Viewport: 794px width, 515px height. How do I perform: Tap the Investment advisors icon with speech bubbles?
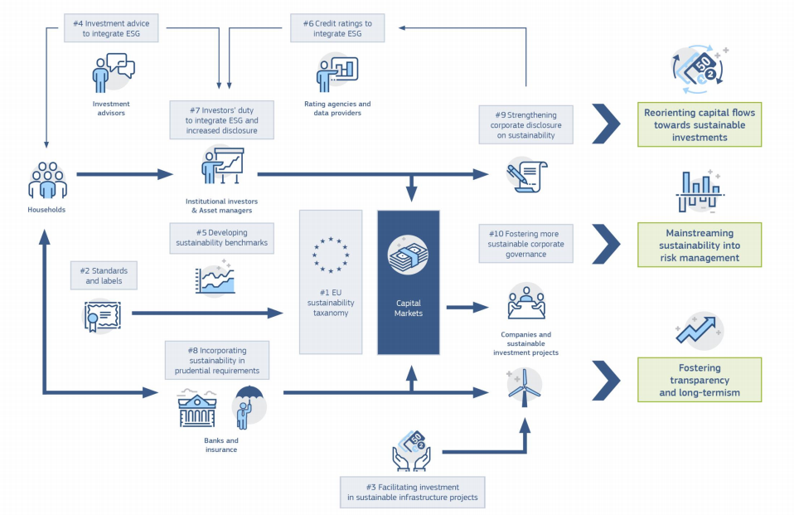pyautogui.click(x=113, y=72)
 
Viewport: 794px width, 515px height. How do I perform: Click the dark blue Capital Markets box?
pyautogui.click(x=408, y=282)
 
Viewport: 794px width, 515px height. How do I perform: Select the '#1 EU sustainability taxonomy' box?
pyautogui.click(x=331, y=282)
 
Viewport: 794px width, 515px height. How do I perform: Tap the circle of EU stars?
pyautogui.click(x=331, y=255)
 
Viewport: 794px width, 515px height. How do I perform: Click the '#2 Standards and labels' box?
pyautogui.click(x=104, y=276)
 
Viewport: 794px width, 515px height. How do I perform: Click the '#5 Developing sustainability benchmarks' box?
pyautogui.click(x=220, y=238)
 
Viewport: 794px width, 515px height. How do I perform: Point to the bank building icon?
pyautogui.click(x=196, y=409)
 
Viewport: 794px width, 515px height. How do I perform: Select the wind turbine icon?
pyautogui.click(x=523, y=386)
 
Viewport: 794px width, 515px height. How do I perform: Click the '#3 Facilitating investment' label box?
pyautogui.click(x=413, y=492)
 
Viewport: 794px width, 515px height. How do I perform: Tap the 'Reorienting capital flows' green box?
pyautogui.click(x=699, y=125)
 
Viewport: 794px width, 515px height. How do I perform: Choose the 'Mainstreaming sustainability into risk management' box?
pyautogui.click(x=699, y=245)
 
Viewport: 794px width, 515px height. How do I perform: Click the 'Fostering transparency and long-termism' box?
pyautogui.click(x=699, y=380)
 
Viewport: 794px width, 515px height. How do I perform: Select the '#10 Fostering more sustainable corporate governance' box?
pyautogui.click(x=525, y=244)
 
